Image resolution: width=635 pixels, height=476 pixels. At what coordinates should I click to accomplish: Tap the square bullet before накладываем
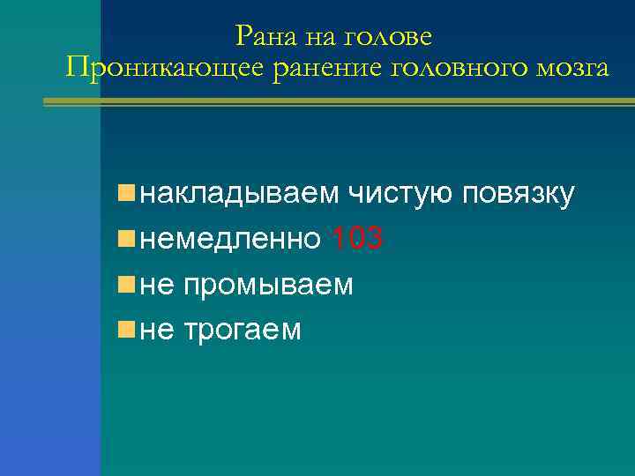[128, 192]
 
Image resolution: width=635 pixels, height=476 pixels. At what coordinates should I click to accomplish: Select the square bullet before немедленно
[128, 238]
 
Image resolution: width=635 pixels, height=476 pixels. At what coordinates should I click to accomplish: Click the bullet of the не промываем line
[128, 284]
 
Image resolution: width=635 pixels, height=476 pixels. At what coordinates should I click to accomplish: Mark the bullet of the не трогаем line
[128, 330]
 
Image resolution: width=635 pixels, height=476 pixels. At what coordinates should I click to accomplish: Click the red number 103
[355, 239]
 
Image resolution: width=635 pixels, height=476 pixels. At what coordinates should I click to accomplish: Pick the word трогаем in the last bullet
[243, 331]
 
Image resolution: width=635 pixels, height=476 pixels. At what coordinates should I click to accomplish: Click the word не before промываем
[157, 285]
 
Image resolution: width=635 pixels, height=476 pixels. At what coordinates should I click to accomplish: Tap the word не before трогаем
[157, 331]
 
